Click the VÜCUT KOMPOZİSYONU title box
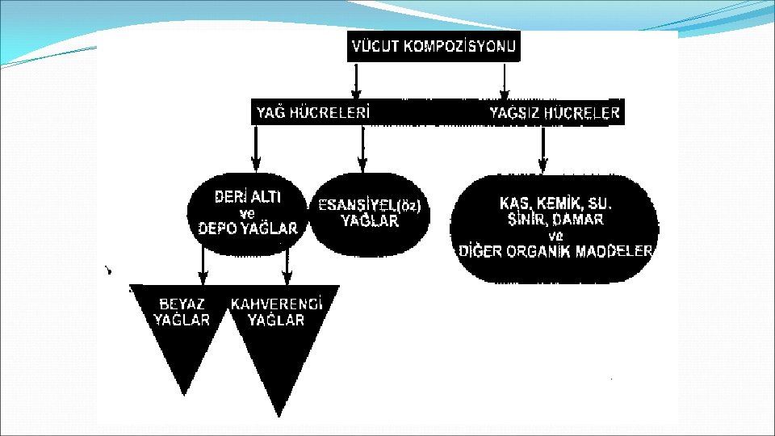434,47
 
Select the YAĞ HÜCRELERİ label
313,113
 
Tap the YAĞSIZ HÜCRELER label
555,113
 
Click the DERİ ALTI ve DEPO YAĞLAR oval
248,213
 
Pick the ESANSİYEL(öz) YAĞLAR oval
370,213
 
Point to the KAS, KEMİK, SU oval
555,226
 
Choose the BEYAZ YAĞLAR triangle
182,331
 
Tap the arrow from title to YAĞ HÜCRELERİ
355,82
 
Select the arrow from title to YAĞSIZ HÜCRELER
505,82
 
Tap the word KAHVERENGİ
277,304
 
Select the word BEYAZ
182,304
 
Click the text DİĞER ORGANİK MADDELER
555,251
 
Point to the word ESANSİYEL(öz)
370,205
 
